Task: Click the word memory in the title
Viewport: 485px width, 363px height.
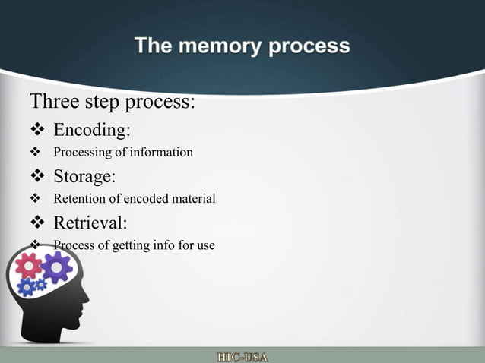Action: coord(219,46)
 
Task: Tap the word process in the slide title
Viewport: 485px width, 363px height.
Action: coord(307,46)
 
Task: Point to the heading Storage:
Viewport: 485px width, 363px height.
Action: coord(84,177)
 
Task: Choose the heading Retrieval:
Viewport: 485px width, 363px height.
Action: coord(90,223)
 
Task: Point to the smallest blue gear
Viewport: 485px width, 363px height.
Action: coord(40,285)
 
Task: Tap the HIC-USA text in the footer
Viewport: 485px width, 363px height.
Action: coord(242,356)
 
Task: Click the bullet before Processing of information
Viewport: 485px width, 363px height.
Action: coord(35,153)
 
